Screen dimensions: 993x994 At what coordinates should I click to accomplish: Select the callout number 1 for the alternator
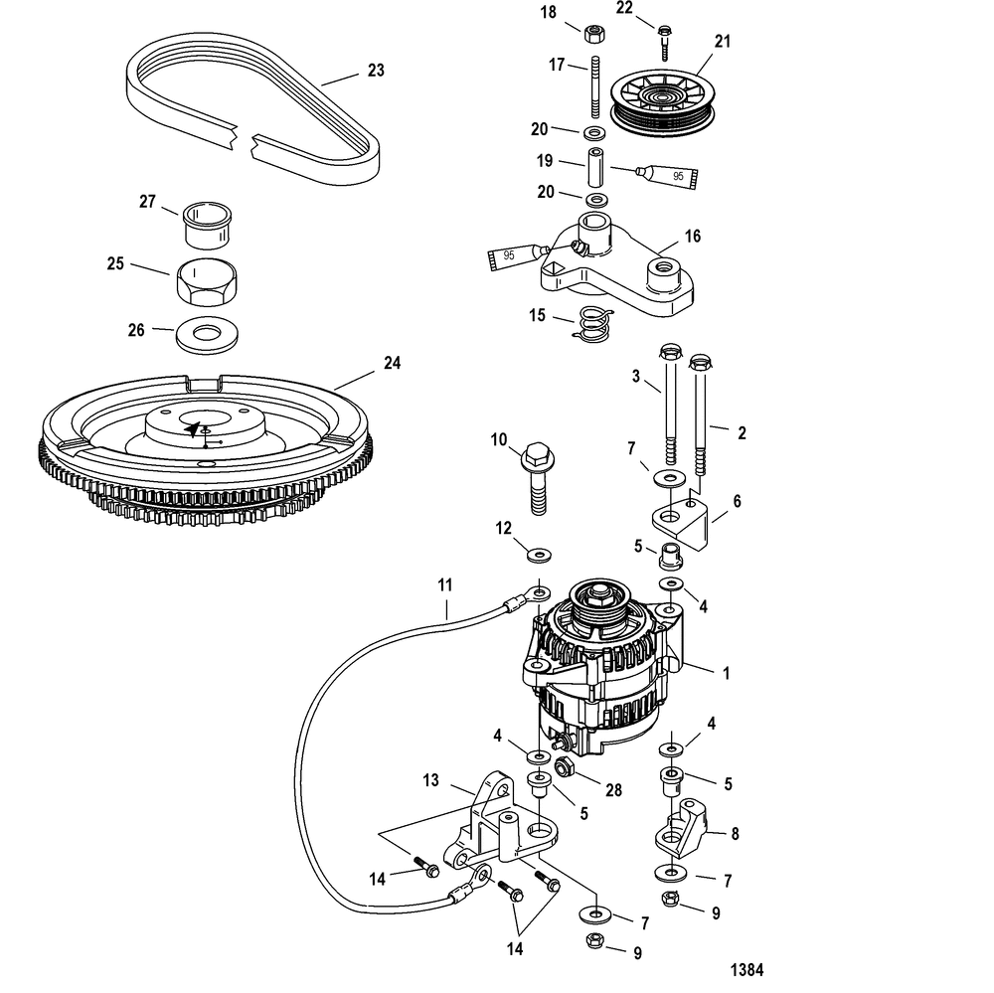tap(726, 672)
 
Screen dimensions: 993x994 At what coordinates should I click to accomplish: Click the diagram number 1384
tap(748, 969)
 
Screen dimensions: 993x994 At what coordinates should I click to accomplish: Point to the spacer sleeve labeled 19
tap(594, 167)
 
